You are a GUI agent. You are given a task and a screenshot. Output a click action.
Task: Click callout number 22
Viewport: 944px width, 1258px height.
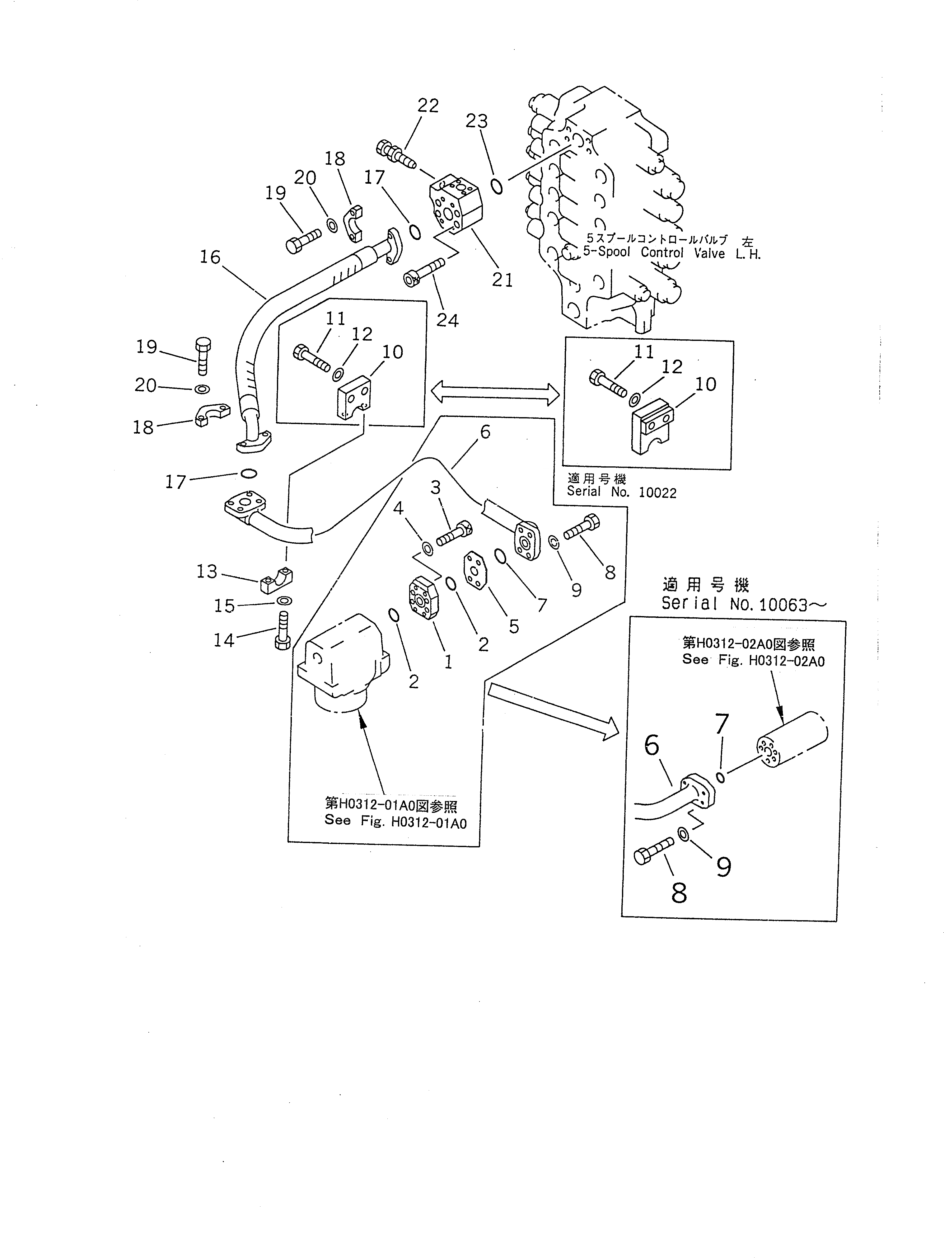point(428,106)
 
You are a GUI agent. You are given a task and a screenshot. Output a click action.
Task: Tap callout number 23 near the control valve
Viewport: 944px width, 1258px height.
point(477,121)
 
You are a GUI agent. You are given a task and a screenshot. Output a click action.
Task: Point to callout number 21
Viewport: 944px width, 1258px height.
point(502,280)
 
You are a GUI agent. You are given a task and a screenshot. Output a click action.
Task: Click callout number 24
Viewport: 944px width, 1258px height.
point(447,321)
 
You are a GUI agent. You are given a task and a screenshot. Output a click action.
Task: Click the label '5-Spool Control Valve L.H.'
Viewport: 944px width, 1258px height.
point(672,253)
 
